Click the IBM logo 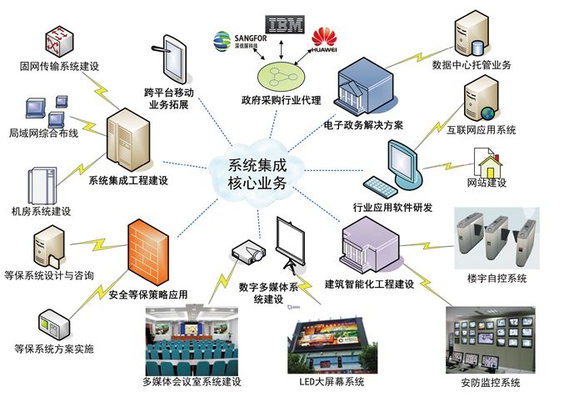pyautogui.click(x=285, y=24)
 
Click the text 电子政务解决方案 pyautogui.click(x=364, y=125)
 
